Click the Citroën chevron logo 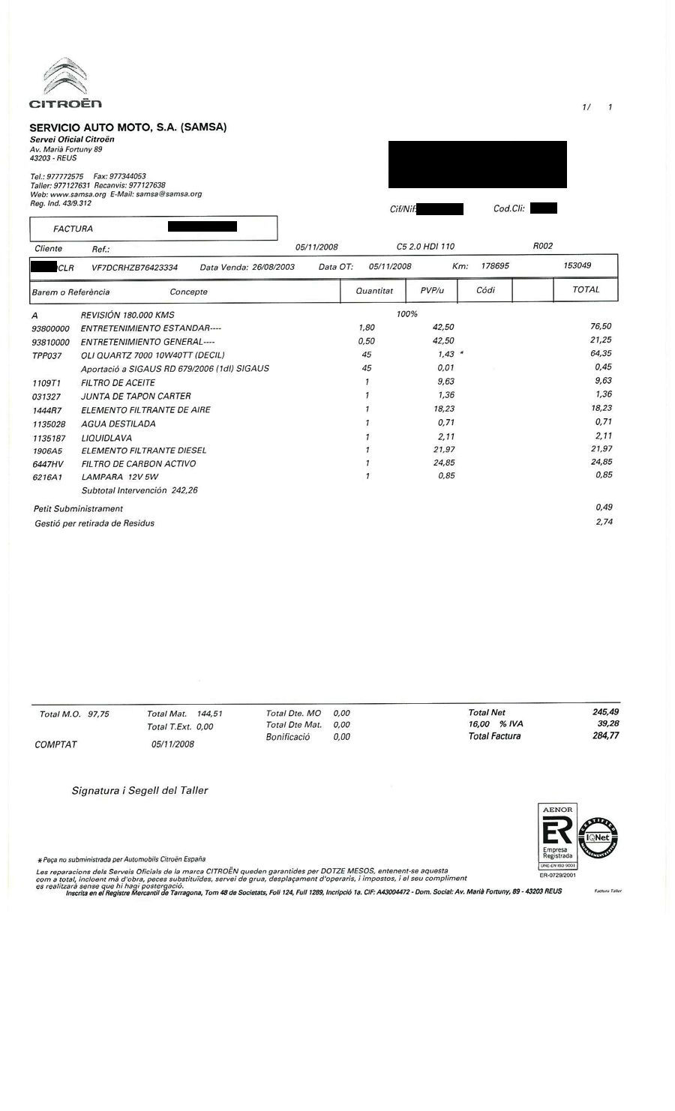tap(64, 77)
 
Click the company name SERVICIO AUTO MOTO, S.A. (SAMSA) tap(127, 127)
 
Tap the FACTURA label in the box tap(73, 229)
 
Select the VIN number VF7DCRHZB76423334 tap(134, 267)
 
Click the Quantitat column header tap(374, 290)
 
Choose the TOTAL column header tap(586, 289)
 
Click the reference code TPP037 tap(47, 355)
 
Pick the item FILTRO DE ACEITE tap(118, 382)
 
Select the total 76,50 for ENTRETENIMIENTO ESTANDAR tap(601, 326)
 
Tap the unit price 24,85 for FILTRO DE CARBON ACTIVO tap(445, 463)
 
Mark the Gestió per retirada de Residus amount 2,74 tap(604, 522)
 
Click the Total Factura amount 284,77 tap(605, 736)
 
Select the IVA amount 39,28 tap(607, 724)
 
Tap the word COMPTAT tap(55, 744)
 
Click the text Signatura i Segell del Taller tap(139, 790)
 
